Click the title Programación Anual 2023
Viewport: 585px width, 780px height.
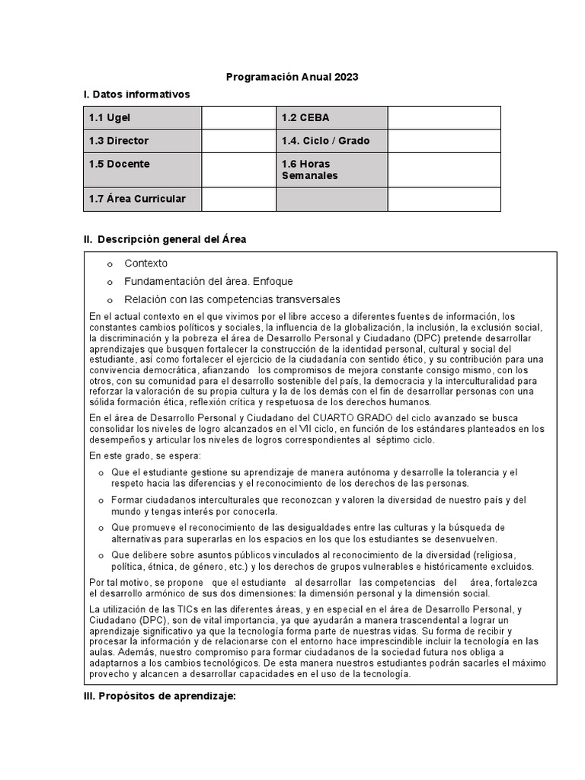292,77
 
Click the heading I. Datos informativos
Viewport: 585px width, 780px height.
136,94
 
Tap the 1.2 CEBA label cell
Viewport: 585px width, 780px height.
331,118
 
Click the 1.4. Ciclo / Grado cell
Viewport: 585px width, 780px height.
331,141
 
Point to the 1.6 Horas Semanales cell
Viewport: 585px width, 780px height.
331,170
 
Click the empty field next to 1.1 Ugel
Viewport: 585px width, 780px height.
238,118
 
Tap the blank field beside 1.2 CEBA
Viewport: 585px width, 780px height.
444,118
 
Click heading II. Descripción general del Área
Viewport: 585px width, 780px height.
165,239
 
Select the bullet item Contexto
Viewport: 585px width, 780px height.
146,264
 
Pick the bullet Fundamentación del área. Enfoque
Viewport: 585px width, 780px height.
208,281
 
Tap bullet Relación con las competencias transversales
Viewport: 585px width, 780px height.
232,299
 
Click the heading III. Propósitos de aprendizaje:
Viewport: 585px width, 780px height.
160,697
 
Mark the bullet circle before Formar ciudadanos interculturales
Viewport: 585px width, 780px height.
103,500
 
